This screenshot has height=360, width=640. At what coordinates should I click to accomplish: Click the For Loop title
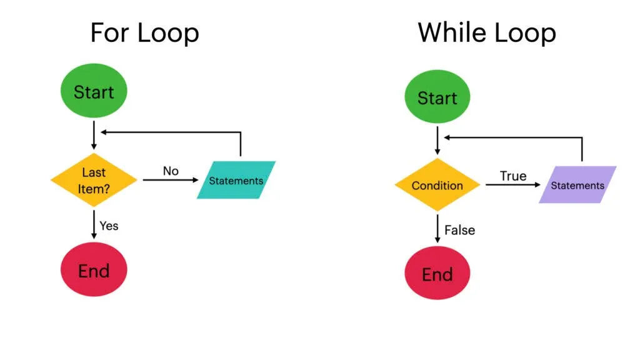coord(144,32)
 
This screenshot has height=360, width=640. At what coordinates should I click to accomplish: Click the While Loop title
coord(487,32)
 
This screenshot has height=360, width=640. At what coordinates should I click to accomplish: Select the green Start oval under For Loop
coord(94,92)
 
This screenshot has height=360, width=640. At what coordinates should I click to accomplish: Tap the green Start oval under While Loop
coord(437,98)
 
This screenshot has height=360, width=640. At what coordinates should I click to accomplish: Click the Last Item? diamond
coord(94,180)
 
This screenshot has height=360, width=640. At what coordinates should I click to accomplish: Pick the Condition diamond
coord(437,186)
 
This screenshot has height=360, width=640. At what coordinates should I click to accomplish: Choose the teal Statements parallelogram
coord(236,181)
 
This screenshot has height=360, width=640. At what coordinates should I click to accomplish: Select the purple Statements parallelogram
coord(577,185)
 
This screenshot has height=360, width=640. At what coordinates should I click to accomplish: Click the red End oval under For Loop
coord(94,271)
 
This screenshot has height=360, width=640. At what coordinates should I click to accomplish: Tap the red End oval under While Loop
coord(437,274)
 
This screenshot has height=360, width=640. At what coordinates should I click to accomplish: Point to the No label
coord(171,171)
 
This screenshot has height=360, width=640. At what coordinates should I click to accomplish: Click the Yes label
coord(109,226)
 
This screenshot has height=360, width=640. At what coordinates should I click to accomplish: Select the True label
coord(513,176)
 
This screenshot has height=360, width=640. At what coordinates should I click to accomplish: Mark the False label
coord(459,231)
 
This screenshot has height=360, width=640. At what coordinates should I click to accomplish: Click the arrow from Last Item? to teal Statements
coord(169,180)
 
